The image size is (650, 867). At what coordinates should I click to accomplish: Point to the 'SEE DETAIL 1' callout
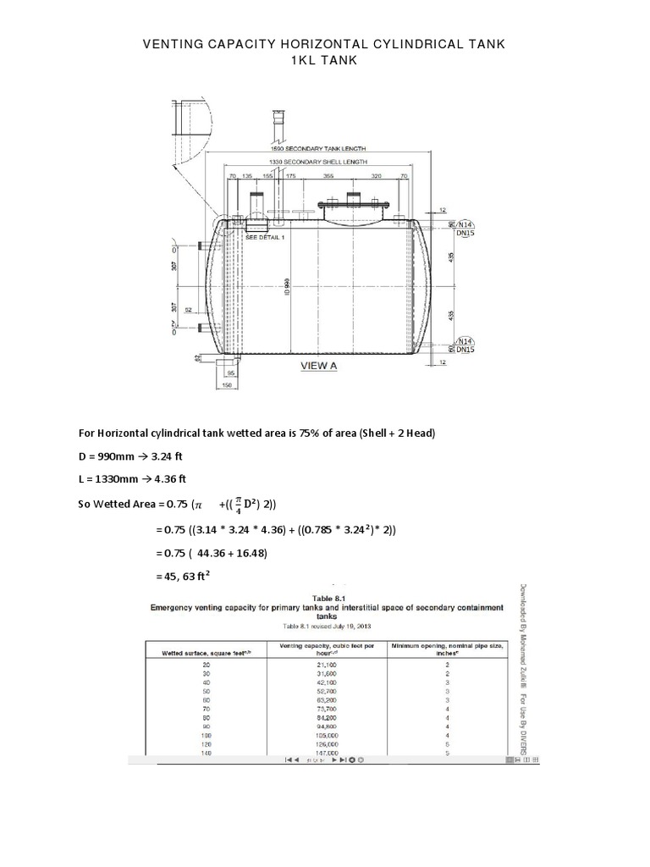[x=266, y=238]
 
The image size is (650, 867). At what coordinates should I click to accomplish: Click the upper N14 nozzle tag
[x=465, y=224]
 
